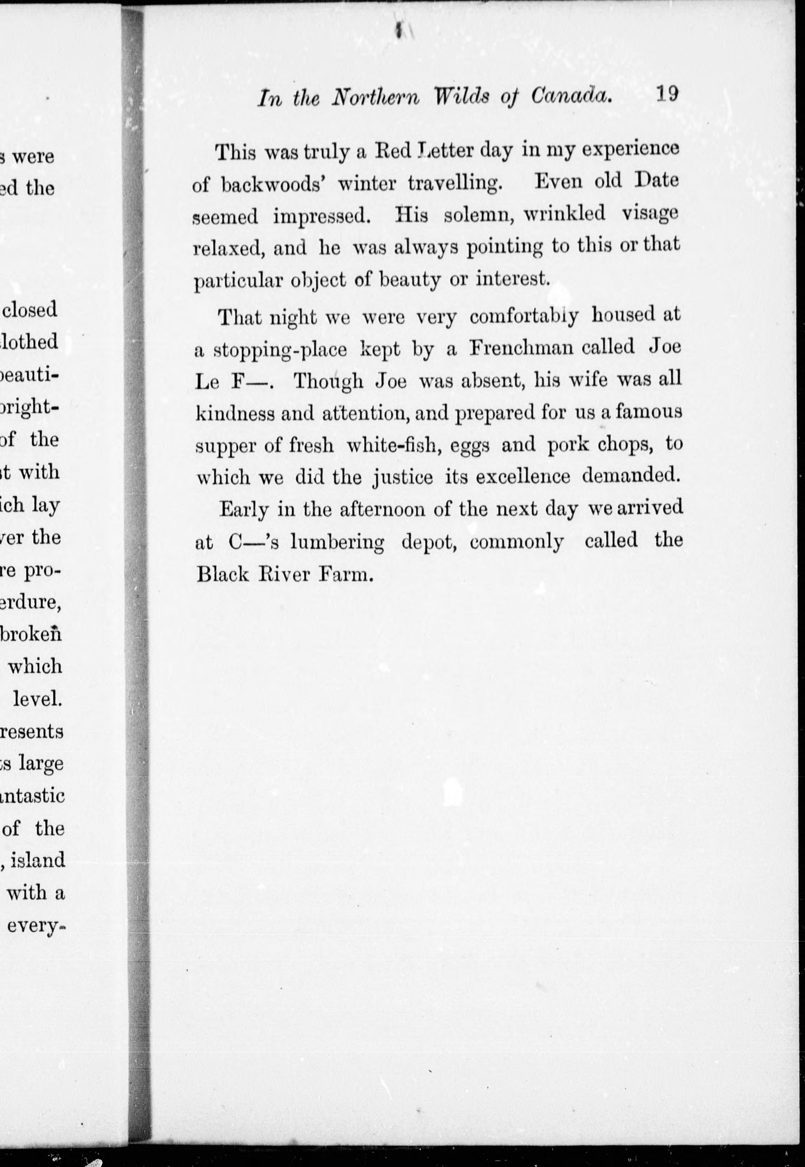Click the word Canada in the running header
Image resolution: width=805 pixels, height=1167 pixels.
(571, 96)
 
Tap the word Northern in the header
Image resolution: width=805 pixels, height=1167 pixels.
(375, 97)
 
